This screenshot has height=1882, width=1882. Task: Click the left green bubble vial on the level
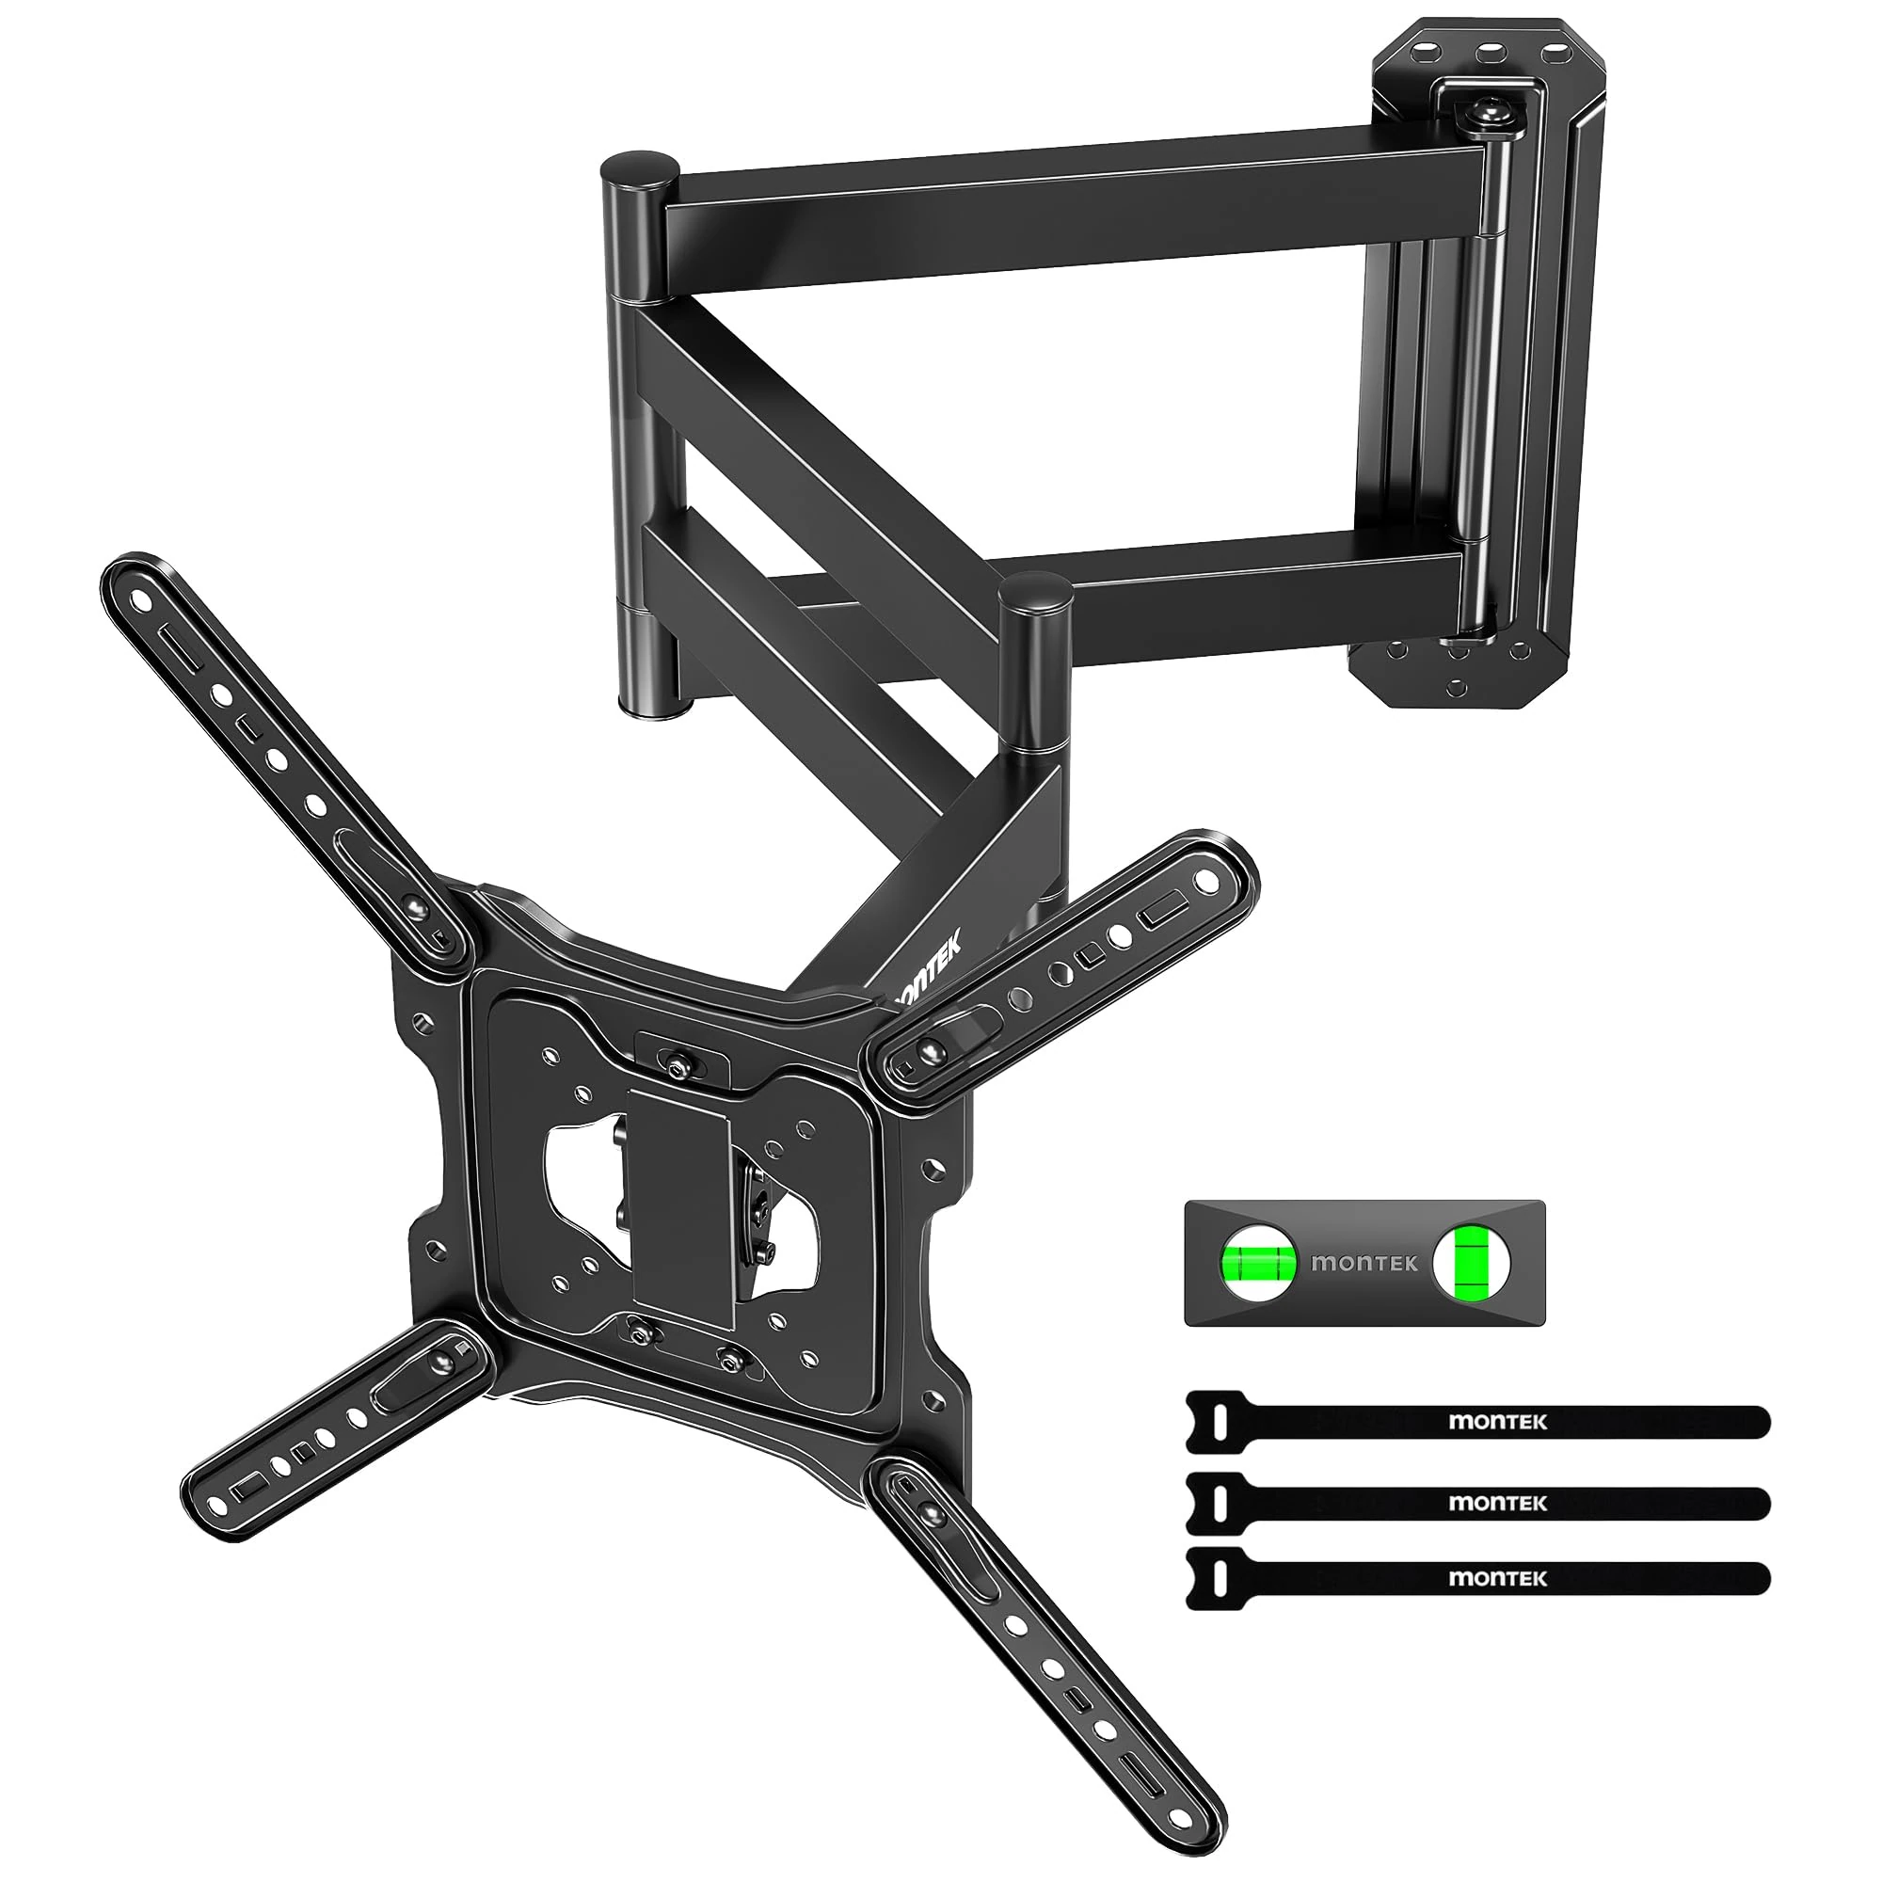pos(1260,1264)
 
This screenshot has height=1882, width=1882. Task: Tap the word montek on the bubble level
pos(1364,1264)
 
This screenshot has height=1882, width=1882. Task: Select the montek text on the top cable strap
pos(1497,1421)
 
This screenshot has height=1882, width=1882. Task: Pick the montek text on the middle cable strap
pos(1497,1502)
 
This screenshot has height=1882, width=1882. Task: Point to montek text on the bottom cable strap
pos(1497,1578)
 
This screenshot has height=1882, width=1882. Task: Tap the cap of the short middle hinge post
pos(1036,590)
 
